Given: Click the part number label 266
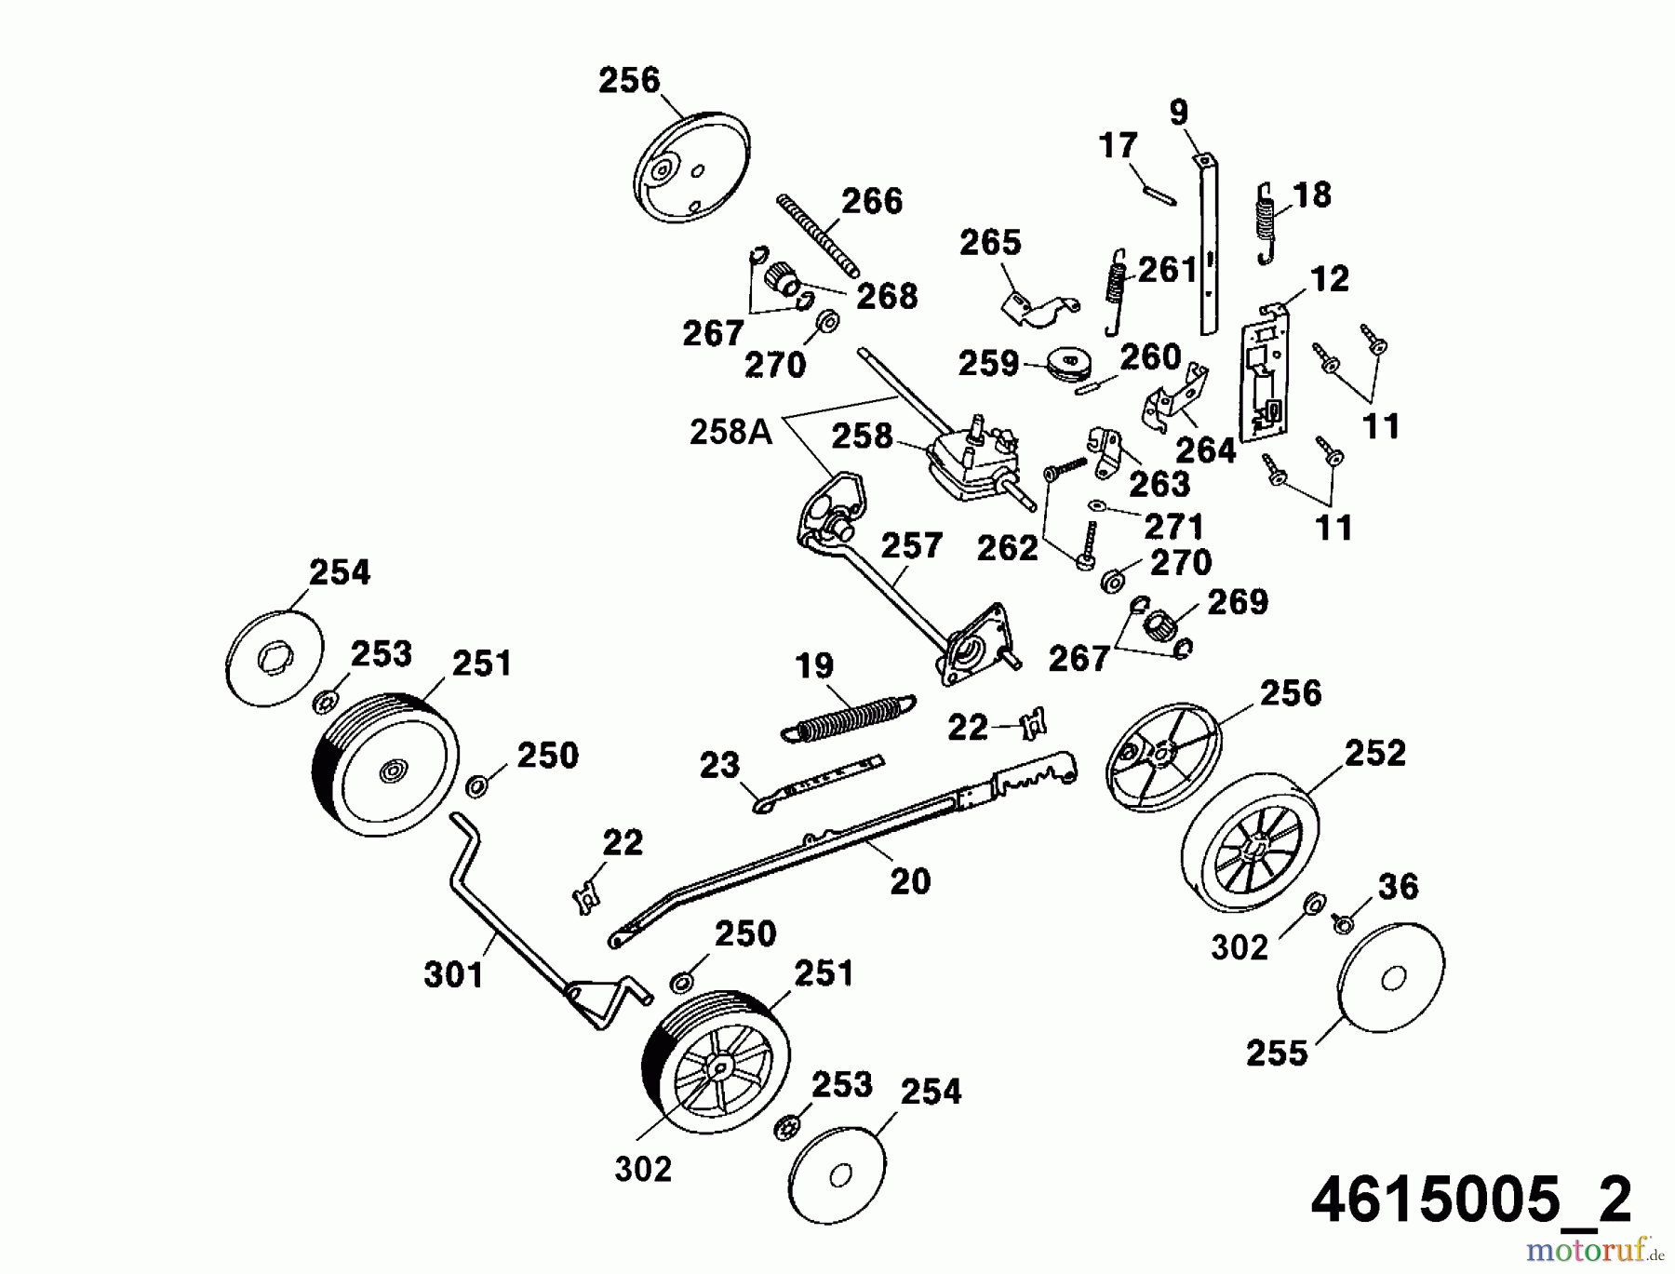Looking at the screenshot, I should click(872, 201).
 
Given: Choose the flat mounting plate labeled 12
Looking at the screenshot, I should click(1263, 372).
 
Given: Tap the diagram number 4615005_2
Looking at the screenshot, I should click(1470, 1200).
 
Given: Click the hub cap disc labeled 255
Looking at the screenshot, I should click(1390, 978).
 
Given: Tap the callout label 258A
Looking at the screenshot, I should click(730, 433).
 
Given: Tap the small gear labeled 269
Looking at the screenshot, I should click(1160, 622).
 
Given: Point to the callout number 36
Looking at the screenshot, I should click(1399, 887).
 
